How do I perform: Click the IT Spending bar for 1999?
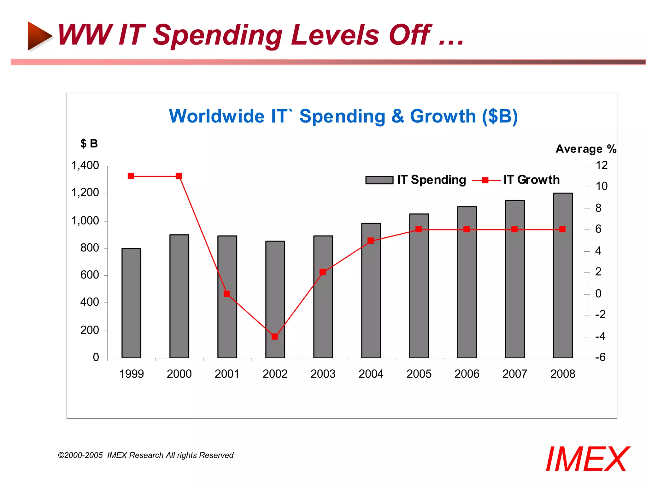131,303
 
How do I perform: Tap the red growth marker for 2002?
275,337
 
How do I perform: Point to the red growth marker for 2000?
179,176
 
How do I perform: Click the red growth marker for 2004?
371,241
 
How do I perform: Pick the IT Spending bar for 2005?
419,286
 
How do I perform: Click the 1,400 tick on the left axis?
85,165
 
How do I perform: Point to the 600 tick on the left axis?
90,275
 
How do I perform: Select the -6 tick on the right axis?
600,357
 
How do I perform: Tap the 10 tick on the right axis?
601,186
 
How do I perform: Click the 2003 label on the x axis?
323,374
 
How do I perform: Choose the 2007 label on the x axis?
514,374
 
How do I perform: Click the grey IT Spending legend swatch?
379,180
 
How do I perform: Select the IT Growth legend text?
531,180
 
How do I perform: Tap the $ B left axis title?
89,144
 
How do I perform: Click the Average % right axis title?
586,149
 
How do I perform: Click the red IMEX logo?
587,459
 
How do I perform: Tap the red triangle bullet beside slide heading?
39,36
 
